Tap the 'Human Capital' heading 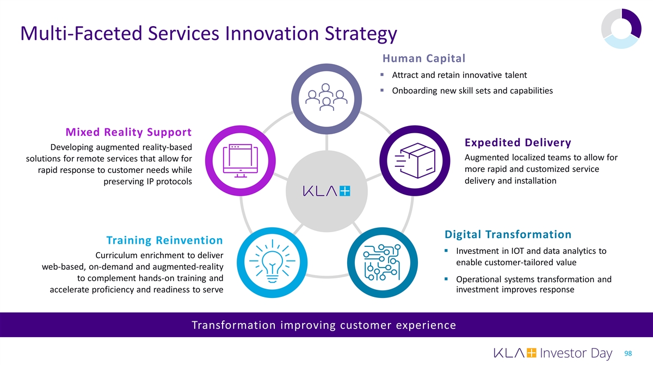pyautogui.click(x=424, y=58)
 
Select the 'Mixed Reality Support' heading pyautogui.click(x=128, y=132)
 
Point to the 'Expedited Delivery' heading pyautogui.click(x=518, y=142)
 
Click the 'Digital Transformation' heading pyautogui.click(x=508, y=234)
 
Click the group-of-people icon pyautogui.click(x=326, y=97)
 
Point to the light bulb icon pyautogui.click(x=272, y=262)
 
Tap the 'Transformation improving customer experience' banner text pyautogui.click(x=324, y=326)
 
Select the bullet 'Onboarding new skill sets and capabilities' pyautogui.click(x=472, y=91)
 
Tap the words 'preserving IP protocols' pyautogui.click(x=147, y=182)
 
